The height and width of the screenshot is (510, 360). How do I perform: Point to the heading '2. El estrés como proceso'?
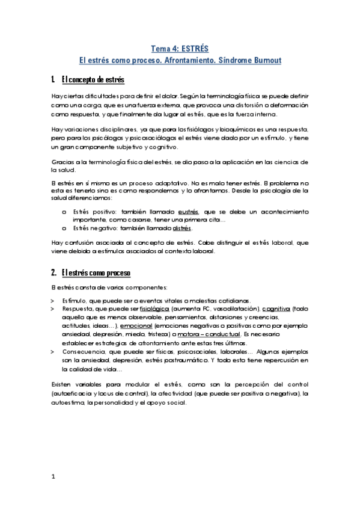(91, 273)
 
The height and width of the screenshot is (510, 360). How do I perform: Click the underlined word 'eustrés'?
(191, 212)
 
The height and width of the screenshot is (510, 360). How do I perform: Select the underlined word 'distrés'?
(182, 229)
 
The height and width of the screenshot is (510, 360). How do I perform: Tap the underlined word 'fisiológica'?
(155, 309)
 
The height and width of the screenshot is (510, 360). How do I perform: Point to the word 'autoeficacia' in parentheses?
(74, 393)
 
